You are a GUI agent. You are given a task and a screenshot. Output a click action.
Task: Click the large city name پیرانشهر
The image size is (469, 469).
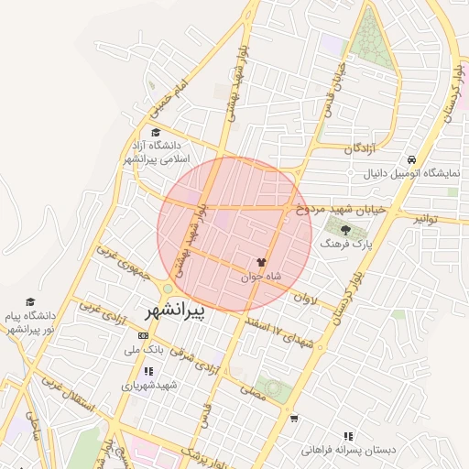click(x=175, y=311)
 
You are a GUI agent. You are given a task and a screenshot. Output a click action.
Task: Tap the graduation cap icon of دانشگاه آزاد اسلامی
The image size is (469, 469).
click(x=155, y=133)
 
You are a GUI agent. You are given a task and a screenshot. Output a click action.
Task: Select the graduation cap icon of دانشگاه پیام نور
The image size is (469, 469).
click(x=30, y=301)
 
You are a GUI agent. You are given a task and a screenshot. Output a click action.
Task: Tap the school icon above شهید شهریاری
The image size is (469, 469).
click(x=149, y=371)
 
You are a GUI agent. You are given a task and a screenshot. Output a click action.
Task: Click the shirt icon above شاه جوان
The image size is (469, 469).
click(x=274, y=261)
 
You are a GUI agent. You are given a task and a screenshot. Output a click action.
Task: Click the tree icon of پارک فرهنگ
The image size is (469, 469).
click(x=345, y=231)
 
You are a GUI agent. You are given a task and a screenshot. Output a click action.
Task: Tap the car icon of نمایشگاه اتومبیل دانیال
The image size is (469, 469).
click(x=414, y=159)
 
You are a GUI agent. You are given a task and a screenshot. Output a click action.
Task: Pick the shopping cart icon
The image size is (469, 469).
click(x=293, y=419)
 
